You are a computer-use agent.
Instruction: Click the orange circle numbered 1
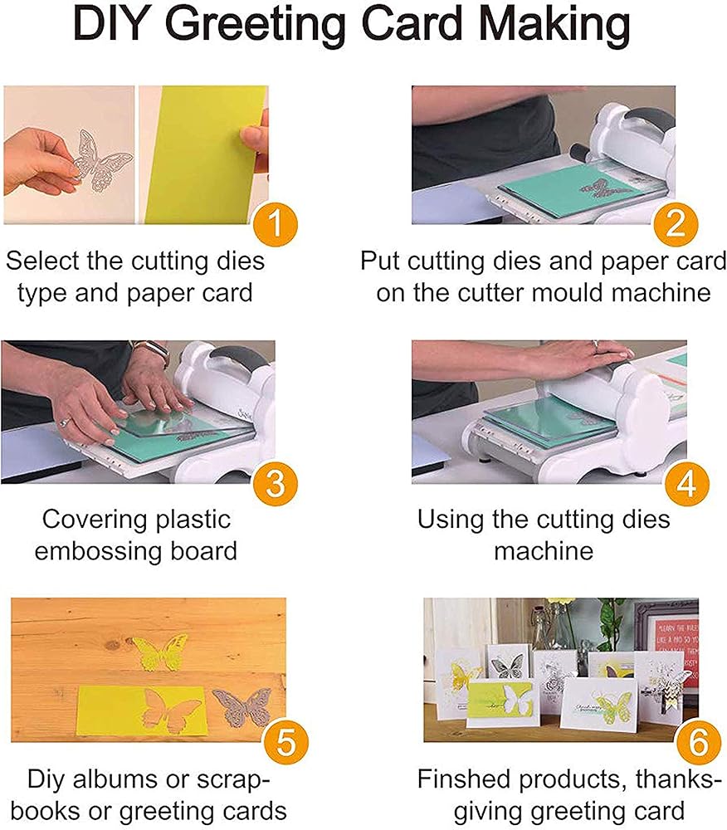coord(276,224)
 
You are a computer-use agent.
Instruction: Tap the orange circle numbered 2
coord(676,224)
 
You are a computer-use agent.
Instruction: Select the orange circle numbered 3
coord(276,483)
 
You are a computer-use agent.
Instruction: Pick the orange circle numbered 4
coord(686,483)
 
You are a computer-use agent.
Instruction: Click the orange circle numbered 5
coord(285,741)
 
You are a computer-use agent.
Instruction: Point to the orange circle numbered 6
coord(699,741)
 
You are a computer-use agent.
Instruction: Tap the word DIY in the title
coord(110,24)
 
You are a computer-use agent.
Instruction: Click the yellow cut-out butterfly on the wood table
coord(159,652)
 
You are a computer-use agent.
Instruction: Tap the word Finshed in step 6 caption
coord(463,779)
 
